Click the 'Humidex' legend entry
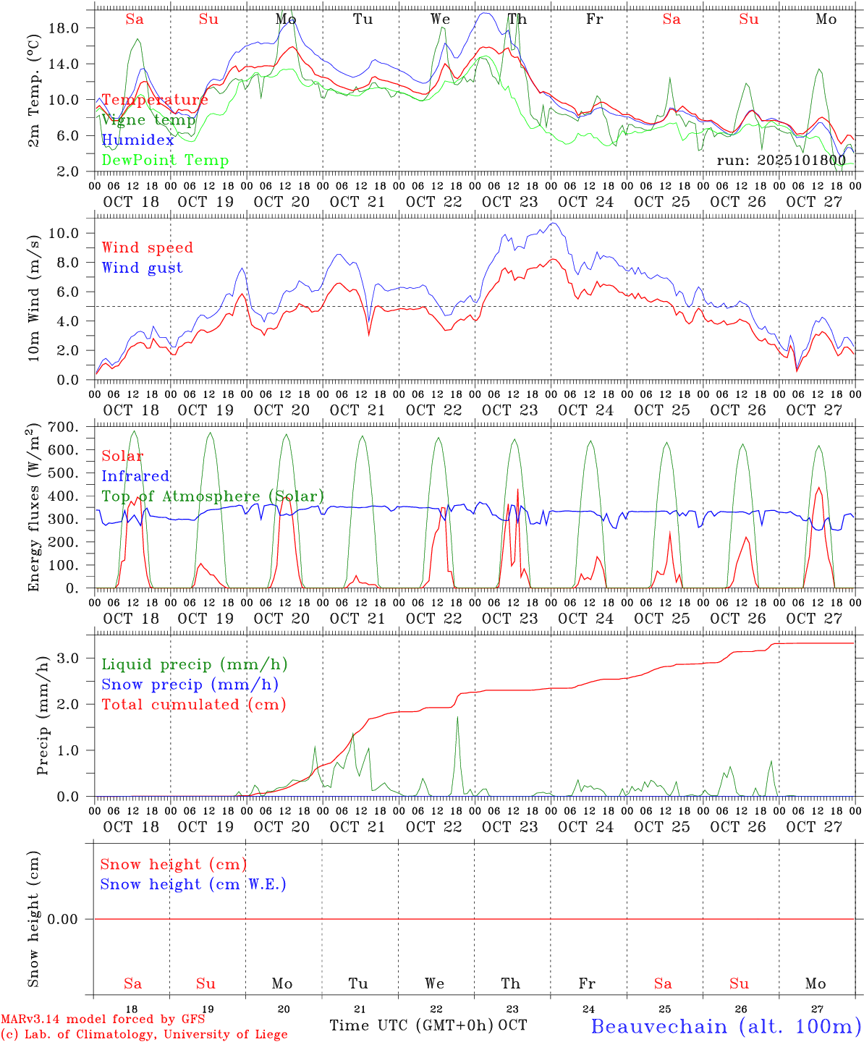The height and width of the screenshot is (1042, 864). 137,140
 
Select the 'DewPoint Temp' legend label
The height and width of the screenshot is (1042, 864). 165,161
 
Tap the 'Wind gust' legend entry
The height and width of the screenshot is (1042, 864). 142,268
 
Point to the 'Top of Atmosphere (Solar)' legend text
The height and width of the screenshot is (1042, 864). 213,496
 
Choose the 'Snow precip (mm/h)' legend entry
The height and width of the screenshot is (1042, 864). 190,685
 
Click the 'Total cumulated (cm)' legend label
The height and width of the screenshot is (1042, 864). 193,704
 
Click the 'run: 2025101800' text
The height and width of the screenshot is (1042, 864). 781,160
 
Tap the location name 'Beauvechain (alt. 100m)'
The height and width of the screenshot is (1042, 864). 726,1026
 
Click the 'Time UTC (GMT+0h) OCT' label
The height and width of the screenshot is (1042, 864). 428,1025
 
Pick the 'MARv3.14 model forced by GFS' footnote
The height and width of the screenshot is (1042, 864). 103,1020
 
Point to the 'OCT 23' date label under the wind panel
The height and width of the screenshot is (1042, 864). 510,410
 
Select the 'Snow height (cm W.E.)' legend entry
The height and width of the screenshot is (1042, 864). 193,884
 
